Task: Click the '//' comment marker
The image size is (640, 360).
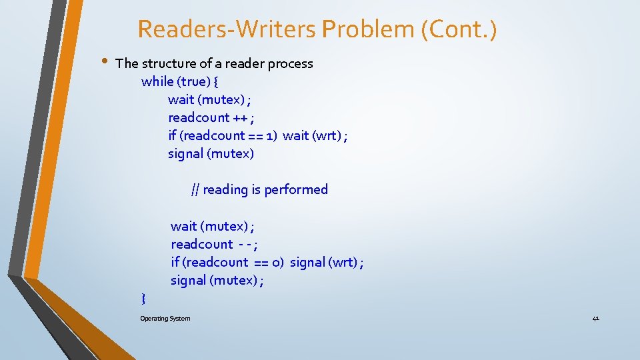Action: [x=195, y=190]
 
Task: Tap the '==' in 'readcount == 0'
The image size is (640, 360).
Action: [x=261, y=263]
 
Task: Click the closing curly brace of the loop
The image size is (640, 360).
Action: [x=144, y=297]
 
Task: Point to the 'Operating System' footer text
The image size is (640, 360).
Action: [x=165, y=319]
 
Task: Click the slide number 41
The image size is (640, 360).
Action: [x=595, y=319]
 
